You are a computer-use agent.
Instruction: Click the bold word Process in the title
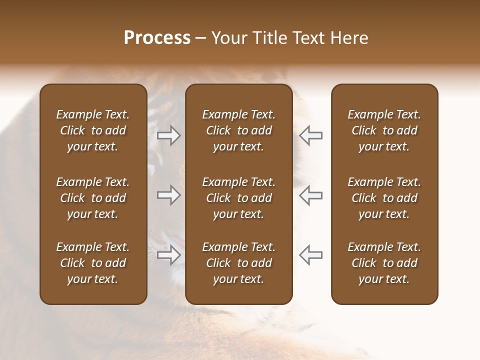[x=157, y=38]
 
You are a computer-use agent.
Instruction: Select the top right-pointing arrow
[x=168, y=135]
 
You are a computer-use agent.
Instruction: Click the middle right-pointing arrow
[x=168, y=195]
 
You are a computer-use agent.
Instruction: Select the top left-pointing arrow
[x=310, y=135]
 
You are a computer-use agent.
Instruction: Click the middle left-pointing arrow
[x=310, y=195]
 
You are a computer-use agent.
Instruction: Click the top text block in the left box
[x=93, y=130]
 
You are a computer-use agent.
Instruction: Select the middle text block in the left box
[x=93, y=198]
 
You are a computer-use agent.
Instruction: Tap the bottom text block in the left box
[x=93, y=263]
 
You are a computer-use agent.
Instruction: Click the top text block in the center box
[x=238, y=130]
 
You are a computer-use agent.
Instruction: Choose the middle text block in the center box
[x=238, y=198]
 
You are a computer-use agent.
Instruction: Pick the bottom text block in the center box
[x=238, y=263]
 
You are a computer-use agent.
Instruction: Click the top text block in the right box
[x=384, y=130]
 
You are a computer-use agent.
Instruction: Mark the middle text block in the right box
[x=384, y=198]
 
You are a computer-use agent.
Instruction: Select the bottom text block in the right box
[x=384, y=263]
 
